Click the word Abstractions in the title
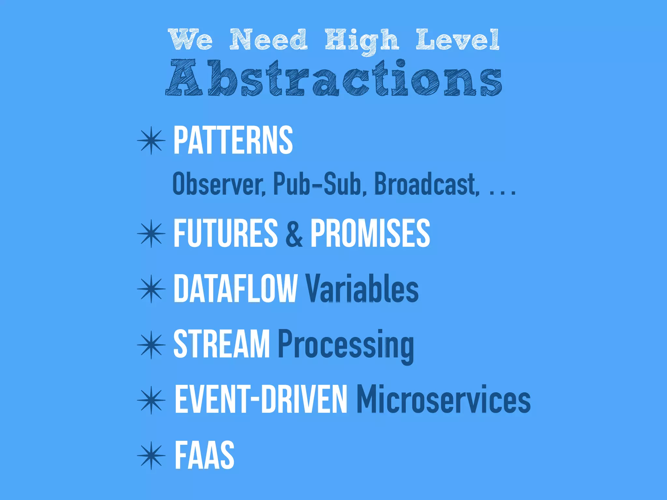[334, 78]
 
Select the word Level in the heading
[458, 40]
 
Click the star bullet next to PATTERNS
[151, 141]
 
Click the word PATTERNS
[233, 141]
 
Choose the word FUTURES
[225, 233]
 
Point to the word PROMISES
[370, 233]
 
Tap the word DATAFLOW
[235, 288]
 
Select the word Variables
[362, 288]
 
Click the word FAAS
[205, 455]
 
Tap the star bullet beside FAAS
[151, 455]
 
